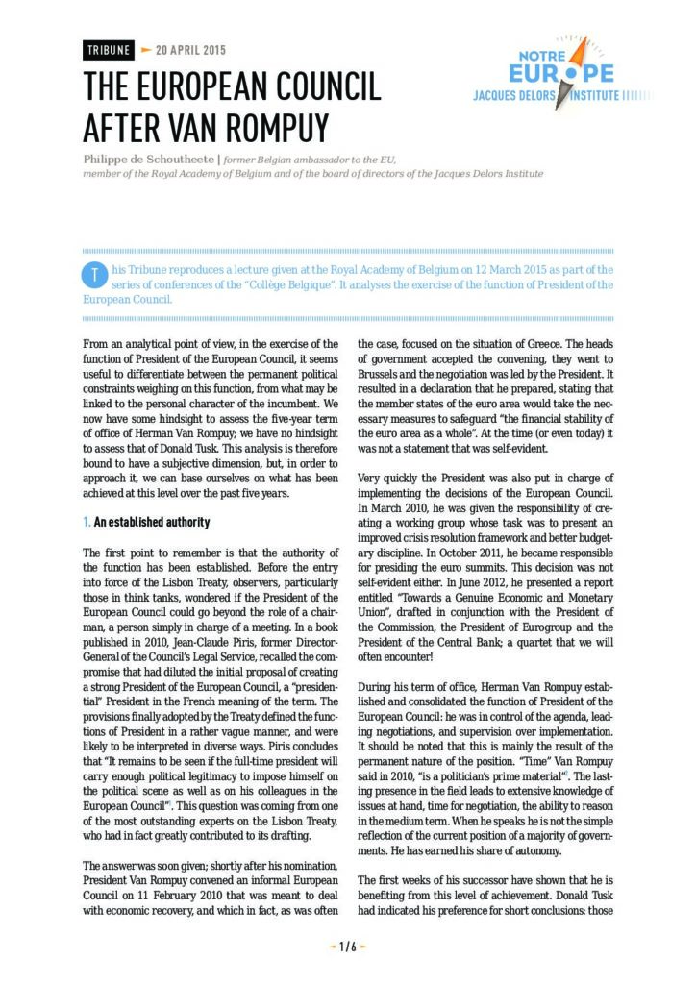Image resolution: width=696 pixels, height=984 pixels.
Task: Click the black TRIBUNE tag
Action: click(x=107, y=51)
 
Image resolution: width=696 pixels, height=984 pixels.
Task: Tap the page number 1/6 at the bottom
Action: click(x=348, y=947)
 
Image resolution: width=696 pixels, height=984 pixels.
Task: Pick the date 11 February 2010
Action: click(x=165, y=899)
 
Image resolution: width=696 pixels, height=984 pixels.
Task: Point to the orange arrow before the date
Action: click(x=146, y=50)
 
